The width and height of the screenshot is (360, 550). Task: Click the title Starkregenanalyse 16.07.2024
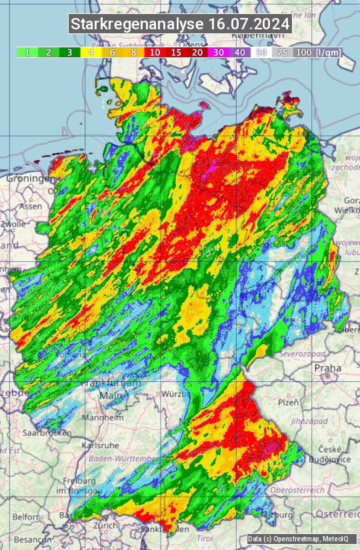[180, 24]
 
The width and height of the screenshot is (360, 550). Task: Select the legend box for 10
[155, 52]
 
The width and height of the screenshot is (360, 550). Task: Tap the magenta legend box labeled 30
[218, 52]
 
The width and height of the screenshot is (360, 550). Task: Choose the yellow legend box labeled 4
[91, 52]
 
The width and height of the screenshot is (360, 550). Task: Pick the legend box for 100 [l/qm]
[317, 52]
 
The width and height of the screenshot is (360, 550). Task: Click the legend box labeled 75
[283, 52]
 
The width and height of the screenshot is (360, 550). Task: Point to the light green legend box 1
[27, 52]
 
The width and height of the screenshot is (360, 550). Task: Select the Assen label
[30, 207]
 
